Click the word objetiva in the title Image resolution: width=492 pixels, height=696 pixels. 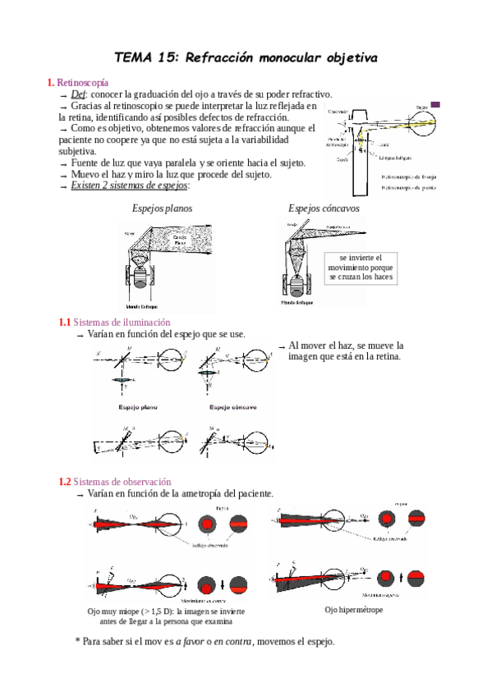coord(343,58)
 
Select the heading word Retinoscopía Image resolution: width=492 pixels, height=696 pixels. coord(82,83)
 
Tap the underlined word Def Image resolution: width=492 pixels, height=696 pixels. coord(80,95)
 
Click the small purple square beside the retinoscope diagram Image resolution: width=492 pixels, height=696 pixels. coord(435,104)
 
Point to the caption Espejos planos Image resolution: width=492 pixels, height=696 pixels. coord(163,208)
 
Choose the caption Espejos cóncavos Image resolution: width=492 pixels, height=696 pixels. coord(324,208)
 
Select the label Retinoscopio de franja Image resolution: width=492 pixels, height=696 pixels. coord(413,176)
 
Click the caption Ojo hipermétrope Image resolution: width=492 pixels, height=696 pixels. coord(354,610)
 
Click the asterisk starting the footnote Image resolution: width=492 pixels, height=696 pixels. coord(77,641)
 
